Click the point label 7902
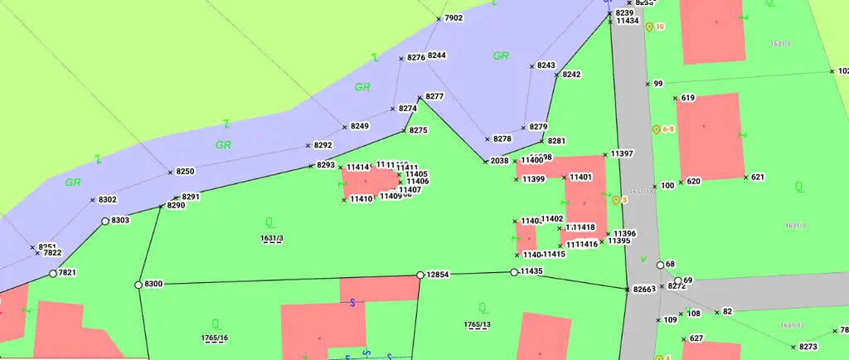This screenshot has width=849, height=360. click(454, 17)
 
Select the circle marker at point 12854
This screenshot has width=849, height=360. click(420, 275)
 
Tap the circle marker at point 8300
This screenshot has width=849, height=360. click(138, 285)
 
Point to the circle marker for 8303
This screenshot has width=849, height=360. click(105, 221)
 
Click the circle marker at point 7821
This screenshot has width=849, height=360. click(52, 274)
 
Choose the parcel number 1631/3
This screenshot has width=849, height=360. click(272, 239)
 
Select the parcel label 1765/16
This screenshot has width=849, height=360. click(215, 338)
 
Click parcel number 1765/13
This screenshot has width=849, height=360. click(478, 324)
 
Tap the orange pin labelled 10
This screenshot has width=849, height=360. click(649, 27)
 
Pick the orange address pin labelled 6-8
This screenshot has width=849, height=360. click(656, 129)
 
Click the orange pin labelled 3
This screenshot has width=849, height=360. click(616, 200)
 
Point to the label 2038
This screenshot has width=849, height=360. click(499, 161)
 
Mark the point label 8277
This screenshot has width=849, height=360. click(434, 97)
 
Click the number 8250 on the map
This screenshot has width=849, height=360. click(185, 172)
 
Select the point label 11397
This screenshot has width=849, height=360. click(622, 154)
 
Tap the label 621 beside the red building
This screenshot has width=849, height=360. click(758, 178)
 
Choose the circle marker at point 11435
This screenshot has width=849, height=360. click(514, 272)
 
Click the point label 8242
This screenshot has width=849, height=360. click(571, 75)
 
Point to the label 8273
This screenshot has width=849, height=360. click(808, 347)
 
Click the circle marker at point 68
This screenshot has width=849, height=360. click(660, 265)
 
